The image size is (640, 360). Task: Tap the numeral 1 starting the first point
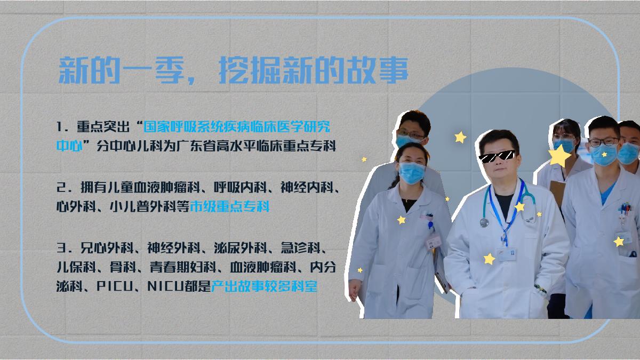[60, 128]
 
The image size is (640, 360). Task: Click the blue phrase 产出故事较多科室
[265, 286]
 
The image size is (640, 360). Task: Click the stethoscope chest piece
[484, 222]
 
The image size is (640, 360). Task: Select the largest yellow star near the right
[559, 156]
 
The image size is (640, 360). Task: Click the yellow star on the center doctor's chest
[519, 206]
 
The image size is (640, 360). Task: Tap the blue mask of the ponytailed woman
[412, 172]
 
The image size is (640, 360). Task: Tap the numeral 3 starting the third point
[60, 247]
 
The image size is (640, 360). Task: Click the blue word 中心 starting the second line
[69, 146]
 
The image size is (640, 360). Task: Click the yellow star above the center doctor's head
[460, 137]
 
